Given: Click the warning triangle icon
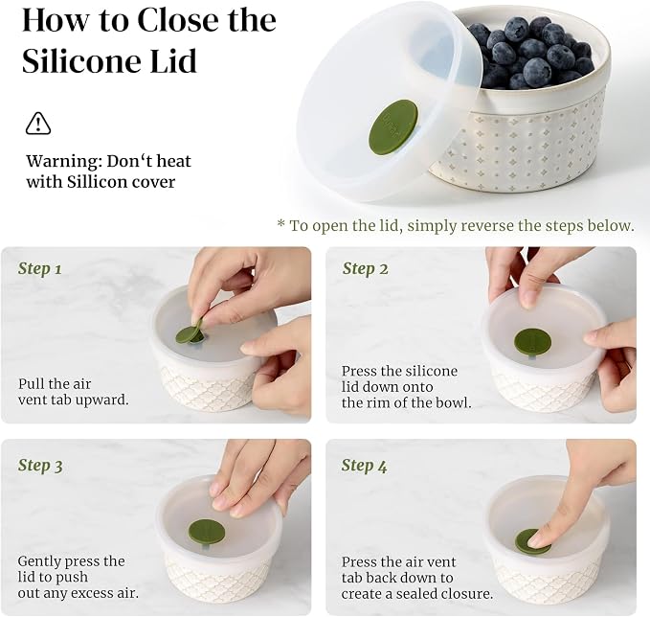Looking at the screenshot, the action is pos(38,124).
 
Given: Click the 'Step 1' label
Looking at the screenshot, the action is pos(40,268).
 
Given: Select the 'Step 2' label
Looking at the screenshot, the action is pos(366,268).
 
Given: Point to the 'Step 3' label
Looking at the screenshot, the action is pos(40,465).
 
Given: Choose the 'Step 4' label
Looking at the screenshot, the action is pos(365,466).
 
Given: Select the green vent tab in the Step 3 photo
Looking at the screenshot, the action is pos(207,530).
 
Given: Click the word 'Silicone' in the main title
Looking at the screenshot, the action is pos(81,61).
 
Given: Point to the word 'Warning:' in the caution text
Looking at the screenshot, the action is pos(64,161).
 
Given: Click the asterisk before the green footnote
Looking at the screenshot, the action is pos(281,223).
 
